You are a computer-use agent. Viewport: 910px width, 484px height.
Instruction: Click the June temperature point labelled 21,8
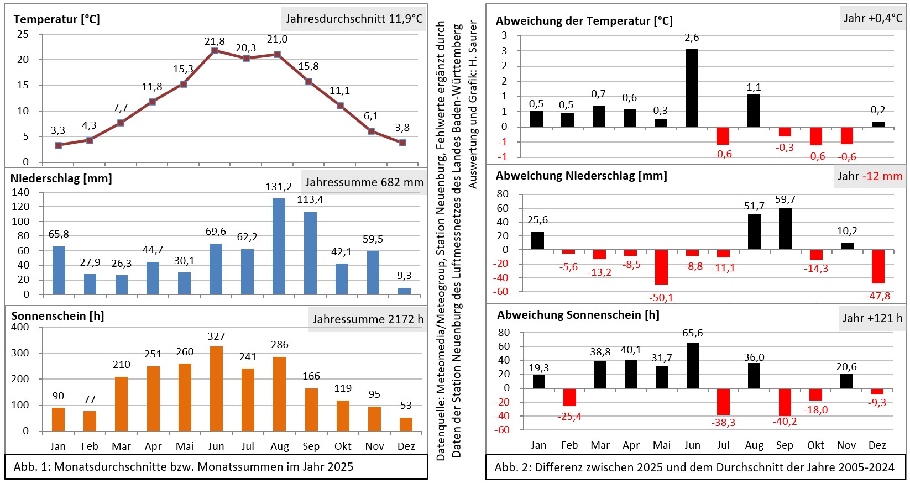tap(215, 51)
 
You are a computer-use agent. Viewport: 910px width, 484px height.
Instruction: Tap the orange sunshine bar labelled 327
tap(216, 388)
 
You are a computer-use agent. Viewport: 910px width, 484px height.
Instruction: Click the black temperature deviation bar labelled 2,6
tap(692, 88)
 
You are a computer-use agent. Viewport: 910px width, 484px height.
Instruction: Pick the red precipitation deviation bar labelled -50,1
tap(661, 267)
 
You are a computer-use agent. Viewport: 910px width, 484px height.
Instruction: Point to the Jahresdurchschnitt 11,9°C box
tap(354, 19)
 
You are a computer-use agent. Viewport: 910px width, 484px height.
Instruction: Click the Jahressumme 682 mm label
tap(364, 182)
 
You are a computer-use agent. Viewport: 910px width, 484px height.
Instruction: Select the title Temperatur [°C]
tap(56, 19)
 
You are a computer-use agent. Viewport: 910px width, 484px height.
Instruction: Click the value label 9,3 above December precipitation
tap(404, 276)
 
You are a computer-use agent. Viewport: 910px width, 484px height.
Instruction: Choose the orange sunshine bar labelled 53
tap(406, 424)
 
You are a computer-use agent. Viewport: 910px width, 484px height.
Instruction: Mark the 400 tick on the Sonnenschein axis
tap(20, 327)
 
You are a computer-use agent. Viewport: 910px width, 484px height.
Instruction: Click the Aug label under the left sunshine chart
tap(279, 446)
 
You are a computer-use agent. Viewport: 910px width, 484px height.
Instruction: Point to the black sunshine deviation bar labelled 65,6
tap(692, 365)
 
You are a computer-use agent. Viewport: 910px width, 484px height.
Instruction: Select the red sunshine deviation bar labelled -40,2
tap(785, 402)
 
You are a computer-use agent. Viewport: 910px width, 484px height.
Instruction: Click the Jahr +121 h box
tap(872, 318)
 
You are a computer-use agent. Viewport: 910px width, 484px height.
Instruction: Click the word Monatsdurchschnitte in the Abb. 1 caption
tap(119, 467)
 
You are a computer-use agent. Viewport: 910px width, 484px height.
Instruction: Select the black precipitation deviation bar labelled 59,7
tap(785, 229)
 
